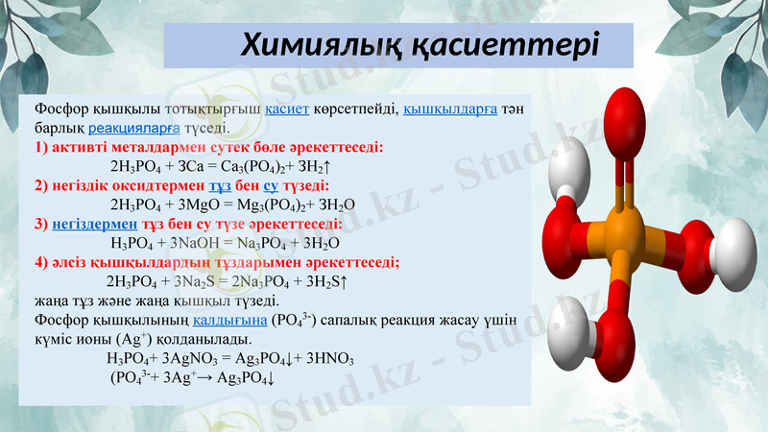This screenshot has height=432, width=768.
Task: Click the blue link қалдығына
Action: [x=230, y=320]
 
